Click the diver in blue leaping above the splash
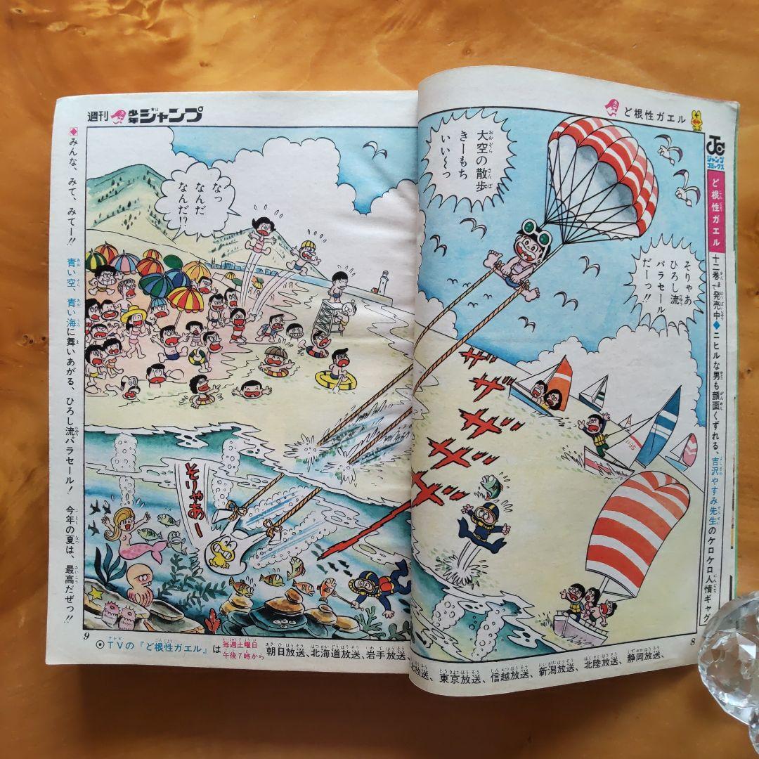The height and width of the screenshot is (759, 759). (x=485, y=524)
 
